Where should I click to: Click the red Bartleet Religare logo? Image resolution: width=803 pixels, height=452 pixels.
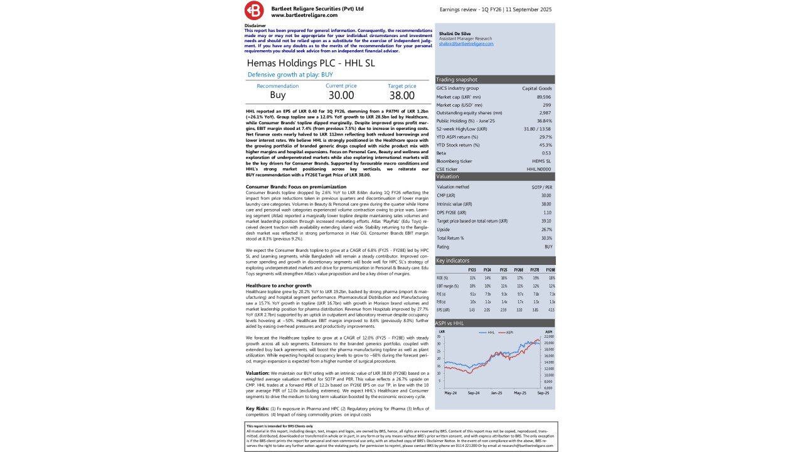coord(255,10)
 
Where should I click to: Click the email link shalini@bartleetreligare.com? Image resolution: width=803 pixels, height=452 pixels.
coord(466,43)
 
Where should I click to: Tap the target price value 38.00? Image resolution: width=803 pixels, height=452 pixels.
coord(401,95)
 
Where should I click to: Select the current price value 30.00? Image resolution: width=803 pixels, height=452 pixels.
coord(341,95)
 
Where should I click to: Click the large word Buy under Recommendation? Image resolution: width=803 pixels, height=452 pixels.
coord(277,95)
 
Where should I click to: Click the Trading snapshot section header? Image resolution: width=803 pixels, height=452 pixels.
coord(457,80)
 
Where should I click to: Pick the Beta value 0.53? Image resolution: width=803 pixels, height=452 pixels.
coord(546,153)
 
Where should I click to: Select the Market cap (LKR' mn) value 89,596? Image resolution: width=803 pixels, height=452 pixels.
coord(544,97)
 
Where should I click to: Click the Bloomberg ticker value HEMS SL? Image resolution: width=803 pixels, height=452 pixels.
coord(542,161)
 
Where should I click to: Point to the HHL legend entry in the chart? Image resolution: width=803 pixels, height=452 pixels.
coord(487,332)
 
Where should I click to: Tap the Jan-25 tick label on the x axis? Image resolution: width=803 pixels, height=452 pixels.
coord(496,393)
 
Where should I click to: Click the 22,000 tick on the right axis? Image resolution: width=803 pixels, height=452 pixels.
coord(549,337)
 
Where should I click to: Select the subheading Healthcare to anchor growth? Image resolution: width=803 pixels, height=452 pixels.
coord(279,286)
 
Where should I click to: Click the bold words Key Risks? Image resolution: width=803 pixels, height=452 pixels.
coord(257,409)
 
